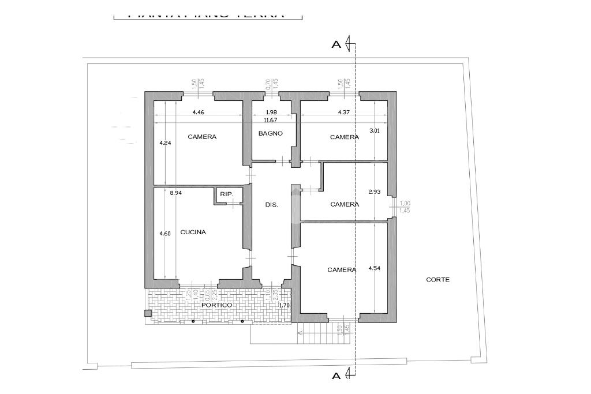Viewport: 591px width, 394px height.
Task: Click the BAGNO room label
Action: (x=271, y=133)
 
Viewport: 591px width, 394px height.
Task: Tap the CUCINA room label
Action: (x=193, y=232)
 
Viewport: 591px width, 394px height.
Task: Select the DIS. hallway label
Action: (x=271, y=205)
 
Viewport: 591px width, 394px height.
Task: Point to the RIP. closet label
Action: (x=226, y=195)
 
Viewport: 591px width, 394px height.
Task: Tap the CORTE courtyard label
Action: (x=437, y=280)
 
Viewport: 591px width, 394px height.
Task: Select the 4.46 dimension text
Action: (x=198, y=112)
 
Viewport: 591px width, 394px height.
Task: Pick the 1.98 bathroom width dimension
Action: (x=271, y=112)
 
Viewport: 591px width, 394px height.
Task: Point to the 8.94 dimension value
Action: (x=175, y=194)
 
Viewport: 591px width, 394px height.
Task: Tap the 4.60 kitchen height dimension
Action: (x=165, y=234)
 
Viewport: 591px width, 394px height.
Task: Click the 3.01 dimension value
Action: (x=374, y=131)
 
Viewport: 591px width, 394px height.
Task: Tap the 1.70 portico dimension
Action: (x=284, y=305)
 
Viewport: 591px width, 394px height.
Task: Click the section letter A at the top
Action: (x=336, y=44)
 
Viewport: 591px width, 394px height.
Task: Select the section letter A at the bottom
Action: (x=336, y=377)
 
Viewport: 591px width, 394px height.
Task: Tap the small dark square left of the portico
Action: (x=148, y=314)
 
